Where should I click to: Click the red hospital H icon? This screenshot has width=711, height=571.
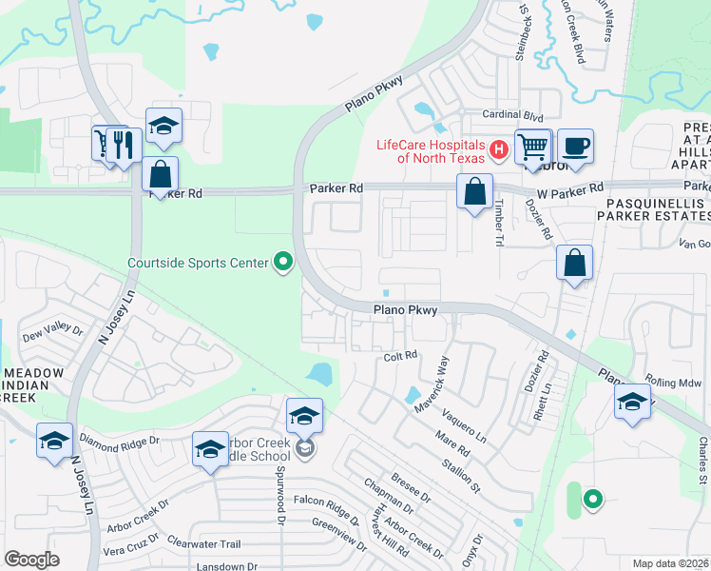(496, 149)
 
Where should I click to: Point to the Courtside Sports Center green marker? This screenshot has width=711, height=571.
(282, 261)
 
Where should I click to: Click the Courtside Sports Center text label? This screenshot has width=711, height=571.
(198, 262)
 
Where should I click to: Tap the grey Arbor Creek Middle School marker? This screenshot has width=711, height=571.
(304, 448)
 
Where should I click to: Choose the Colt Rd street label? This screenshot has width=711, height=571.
(401, 356)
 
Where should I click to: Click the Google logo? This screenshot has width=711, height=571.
(31, 560)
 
